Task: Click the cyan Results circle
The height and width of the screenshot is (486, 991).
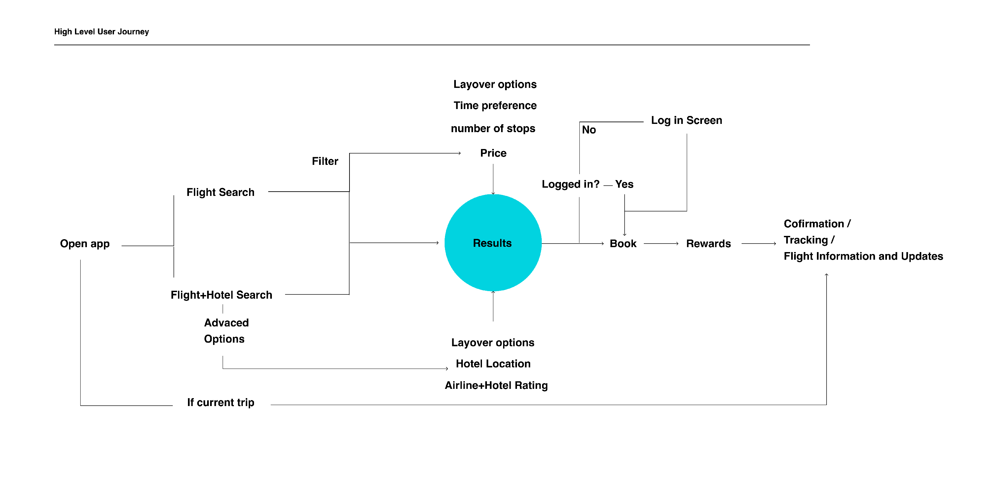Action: click(493, 243)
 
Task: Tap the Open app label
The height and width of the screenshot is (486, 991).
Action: click(85, 243)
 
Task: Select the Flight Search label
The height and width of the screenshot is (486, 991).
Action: click(220, 192)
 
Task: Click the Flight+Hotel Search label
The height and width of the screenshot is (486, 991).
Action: click(221, 295)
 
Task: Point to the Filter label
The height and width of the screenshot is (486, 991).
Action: click(325, 161)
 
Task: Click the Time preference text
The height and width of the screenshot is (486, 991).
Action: click(495, 105)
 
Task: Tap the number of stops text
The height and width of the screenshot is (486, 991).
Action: click(493, 128)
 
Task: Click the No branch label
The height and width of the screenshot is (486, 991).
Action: click(589, 130)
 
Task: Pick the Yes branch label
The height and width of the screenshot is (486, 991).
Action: click(624, 184)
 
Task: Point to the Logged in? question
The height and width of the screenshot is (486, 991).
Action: click(570, 184)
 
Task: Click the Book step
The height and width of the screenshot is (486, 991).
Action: click(623, 243)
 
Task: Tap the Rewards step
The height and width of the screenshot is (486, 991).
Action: click(708, 243)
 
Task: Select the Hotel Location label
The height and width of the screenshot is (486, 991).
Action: click(493, 364)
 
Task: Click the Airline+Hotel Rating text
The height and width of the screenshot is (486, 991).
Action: click(496, 385)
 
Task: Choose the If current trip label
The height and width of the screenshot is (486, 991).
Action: click(220, 402)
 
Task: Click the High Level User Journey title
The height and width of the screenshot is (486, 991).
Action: click(101, 32)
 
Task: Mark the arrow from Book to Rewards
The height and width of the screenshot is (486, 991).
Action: click(661, 243)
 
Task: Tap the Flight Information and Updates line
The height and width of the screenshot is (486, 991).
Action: click(863, 256)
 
